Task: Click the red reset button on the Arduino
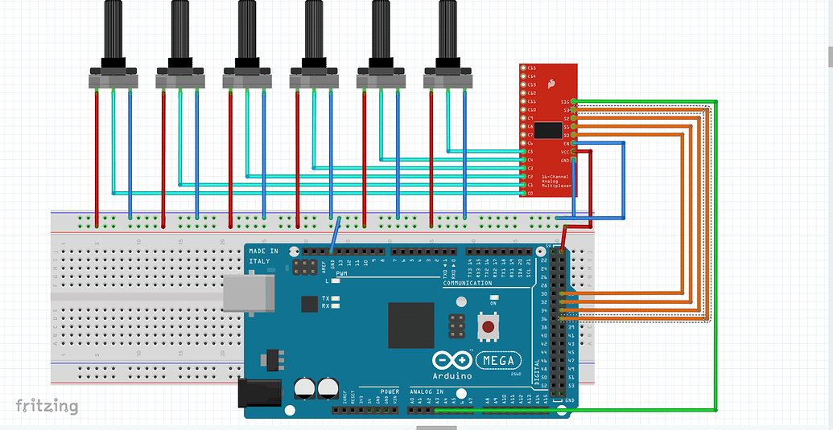click(x=487, y=326)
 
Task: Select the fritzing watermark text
click(x=47, y=406)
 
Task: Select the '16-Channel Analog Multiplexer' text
click(x=555, y=181)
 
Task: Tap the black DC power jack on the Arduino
click(x=260, y=393)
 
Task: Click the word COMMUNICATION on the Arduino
click(x=467, y=283)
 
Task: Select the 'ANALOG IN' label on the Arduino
click(x=427, y=392)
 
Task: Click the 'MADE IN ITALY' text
click(x=263, y=256)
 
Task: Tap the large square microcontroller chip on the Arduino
click(x=410, y=325)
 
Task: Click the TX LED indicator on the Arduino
click(x=334, y=298)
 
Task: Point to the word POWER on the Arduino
click(x=390, y=392)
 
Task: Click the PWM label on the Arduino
click(x=342, y=275)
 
